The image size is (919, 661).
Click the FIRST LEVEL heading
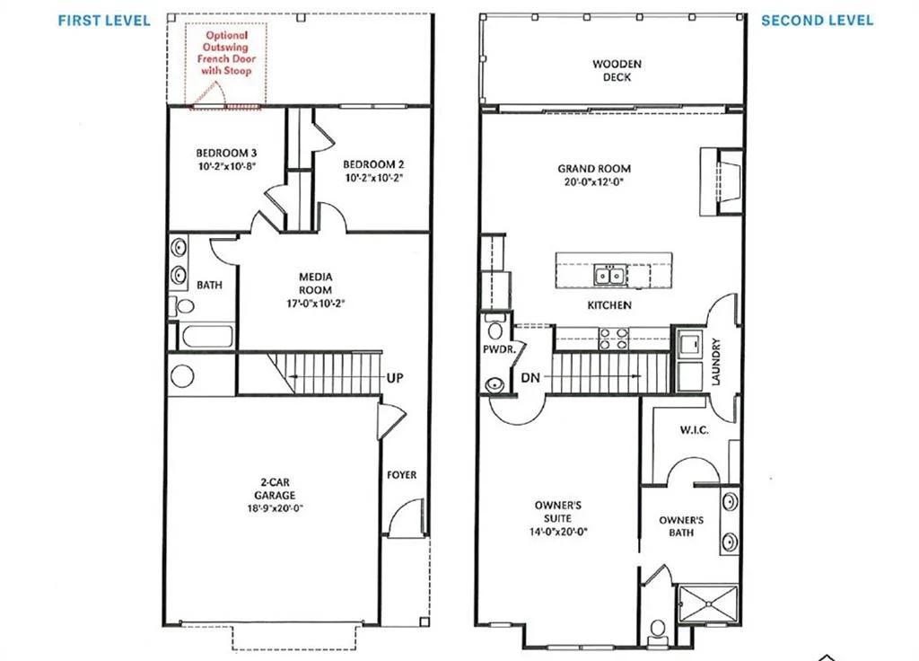(104, 21)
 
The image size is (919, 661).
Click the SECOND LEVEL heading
(817, 21)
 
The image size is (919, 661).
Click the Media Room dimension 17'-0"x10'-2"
(315, 304)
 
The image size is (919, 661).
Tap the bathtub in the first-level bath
(206, 337)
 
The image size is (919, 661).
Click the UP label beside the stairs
(394, 378)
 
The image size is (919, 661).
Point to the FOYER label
(402, 474)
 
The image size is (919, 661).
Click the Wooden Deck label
(611, 70)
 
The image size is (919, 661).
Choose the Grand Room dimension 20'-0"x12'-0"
(594, 181)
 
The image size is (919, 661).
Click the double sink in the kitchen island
(613, 275)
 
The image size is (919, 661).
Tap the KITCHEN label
(609, 305)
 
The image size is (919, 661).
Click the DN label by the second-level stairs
(530, 378)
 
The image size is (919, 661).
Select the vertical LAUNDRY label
(716, 362)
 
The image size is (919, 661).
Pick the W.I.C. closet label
(694, 430)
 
